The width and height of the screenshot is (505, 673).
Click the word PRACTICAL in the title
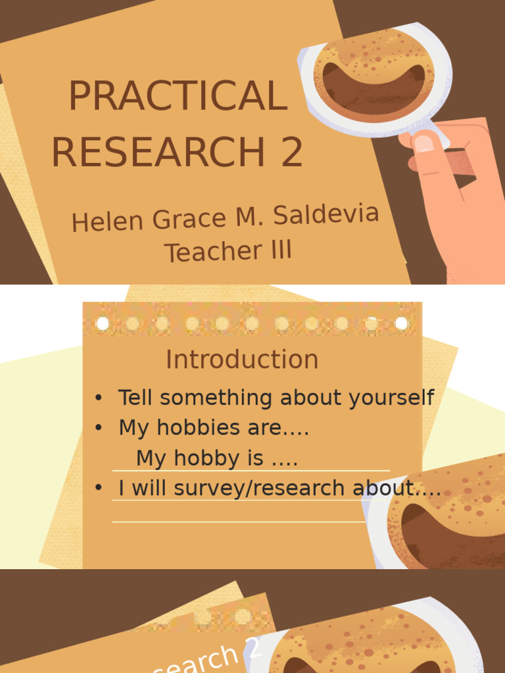(x=178, y=96)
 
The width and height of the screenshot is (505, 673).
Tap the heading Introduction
(x=242, y=360)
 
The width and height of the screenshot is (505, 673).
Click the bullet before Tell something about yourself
(x=99, y=398)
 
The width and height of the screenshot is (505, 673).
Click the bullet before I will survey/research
(x=99, y=488)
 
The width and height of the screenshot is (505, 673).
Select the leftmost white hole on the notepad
(x=103, y=323)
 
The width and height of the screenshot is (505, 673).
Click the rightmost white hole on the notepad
(x=401, y=323)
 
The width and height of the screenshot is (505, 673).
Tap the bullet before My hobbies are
(x=99, y=429)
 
